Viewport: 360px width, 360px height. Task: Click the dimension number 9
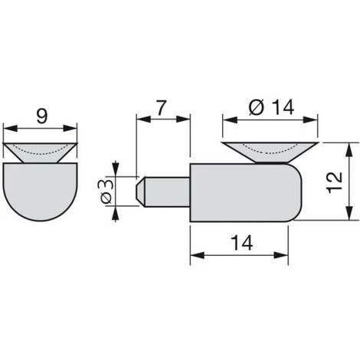pyautogui.click(x=41, y=117)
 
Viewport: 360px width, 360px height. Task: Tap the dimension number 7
pyautogui.click(x=162, y=108)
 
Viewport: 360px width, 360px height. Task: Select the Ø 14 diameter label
pyautogui.click(x=271, y=107)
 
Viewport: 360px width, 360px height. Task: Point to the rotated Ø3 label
pyautogui.click(x=106, y=191)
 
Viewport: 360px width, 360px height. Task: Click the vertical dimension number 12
pyautogui.click(x=335, y=183)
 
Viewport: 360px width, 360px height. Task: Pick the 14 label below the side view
pyautogui.click(x=241, y=243)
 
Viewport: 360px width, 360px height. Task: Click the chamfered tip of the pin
pyautogui.click(x=140, y=191)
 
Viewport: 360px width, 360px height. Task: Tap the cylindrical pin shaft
pyautogui.click(x=167, y=191)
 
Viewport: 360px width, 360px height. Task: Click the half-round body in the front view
pyautogui.click(x=40, y=190)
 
